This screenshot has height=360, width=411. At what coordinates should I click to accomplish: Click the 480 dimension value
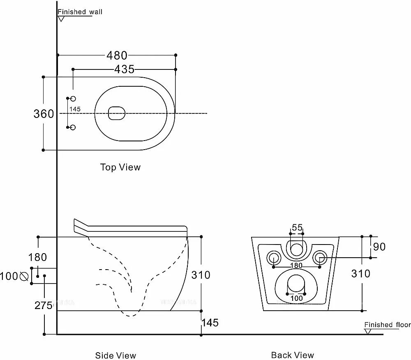point(117,55)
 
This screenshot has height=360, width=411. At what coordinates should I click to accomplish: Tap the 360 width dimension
point(43,114)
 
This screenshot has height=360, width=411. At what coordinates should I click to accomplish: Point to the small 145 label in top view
point(75,109)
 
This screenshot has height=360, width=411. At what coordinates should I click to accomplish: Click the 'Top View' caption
point(120,167)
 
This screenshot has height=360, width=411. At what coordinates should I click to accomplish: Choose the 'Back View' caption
point(292,355)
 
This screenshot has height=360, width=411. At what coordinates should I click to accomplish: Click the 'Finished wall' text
point(80,12)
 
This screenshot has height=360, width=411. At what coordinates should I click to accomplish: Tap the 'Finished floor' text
point(387,325)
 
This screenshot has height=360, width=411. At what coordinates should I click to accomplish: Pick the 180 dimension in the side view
point(37,258)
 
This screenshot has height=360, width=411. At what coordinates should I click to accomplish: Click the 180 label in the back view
point(296,265)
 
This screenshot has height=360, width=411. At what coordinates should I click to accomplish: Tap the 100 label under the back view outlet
point(296,298)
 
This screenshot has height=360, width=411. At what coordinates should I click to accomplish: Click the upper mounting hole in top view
point(73,99)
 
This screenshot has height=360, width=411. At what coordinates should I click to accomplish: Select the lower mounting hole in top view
point(73,127)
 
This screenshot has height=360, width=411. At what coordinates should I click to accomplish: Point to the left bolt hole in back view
point(273,258)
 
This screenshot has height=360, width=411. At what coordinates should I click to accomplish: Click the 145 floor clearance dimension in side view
point(210,323)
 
